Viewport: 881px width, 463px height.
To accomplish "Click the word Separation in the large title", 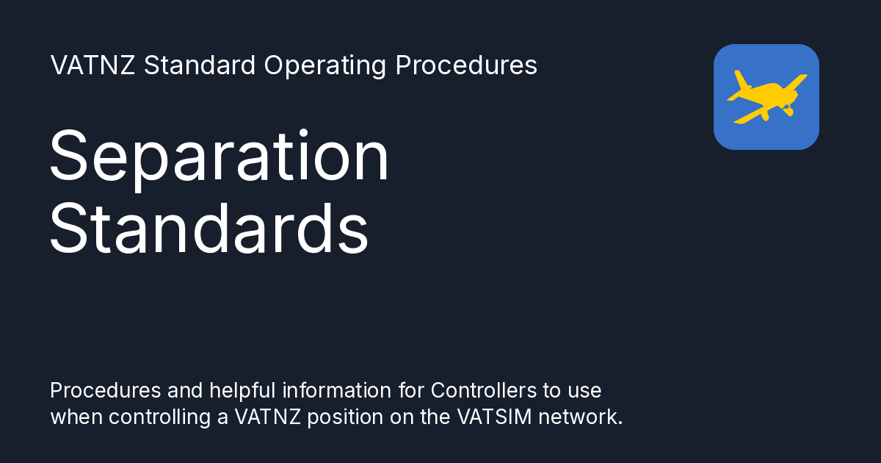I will point(219,157).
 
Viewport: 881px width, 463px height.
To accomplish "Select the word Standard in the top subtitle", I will point(200,65).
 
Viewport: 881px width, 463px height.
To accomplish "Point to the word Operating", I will point(325,65).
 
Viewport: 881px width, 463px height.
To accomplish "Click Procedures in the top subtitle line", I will point(466,65).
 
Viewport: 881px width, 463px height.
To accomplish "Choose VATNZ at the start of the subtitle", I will point(93,65).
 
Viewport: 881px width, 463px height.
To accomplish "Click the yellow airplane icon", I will point(766,97).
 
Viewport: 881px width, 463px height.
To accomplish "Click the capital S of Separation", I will point(70,157).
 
